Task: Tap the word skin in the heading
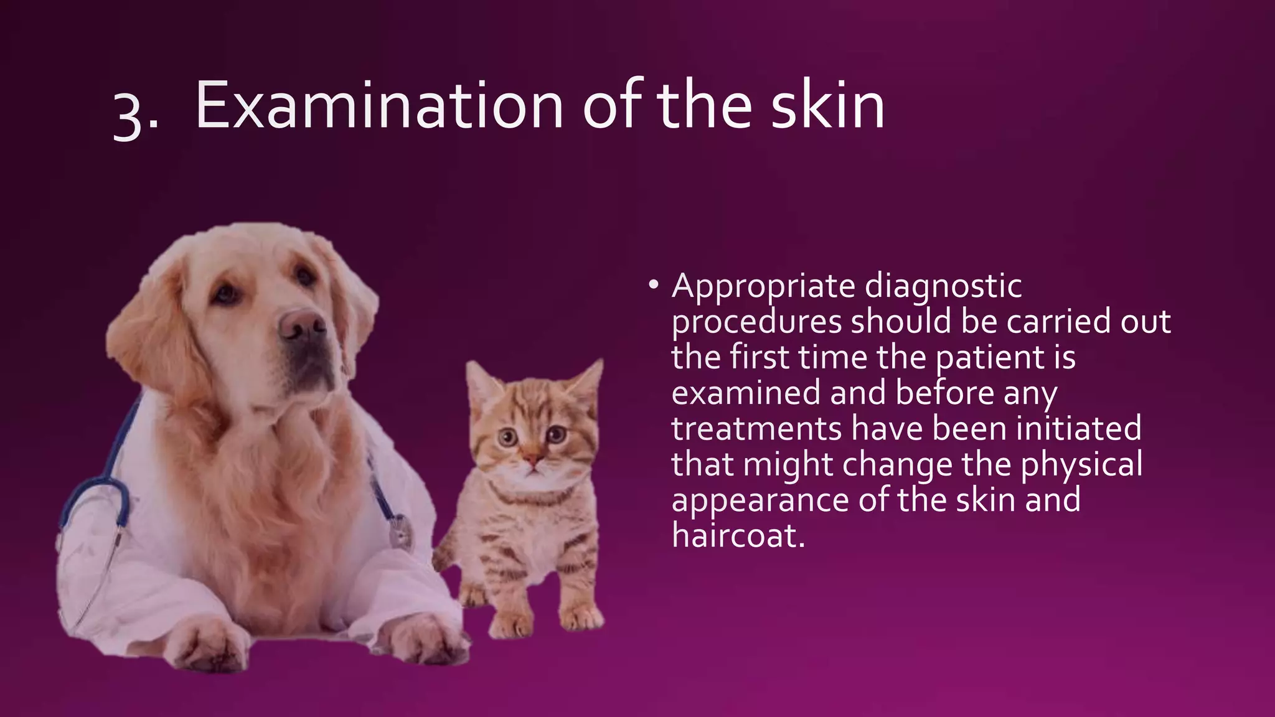tap(827, 106)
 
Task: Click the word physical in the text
tap(1081, 465)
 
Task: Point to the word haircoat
tap(738, 535)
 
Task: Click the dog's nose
tap(301, 324)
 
